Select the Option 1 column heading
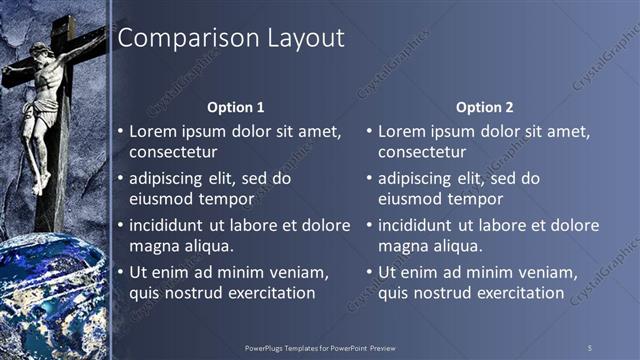[236, 107]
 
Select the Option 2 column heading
[485, 107]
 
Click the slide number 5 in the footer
[590, 347]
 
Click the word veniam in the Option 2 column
[545, 272]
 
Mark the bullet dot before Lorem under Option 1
[120, 131]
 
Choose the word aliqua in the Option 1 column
[207, 247]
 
